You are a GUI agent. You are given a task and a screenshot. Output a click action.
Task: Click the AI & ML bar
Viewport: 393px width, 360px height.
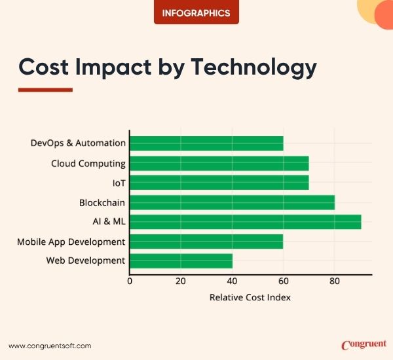(x=245, y=222)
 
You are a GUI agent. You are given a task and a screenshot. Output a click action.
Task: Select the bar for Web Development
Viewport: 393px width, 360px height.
(x=181, y=261)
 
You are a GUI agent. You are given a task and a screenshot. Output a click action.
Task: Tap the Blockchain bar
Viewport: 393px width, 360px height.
(x=232, y=202)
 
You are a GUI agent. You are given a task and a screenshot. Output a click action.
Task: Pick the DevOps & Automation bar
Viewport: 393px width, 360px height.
(x=206, y=143)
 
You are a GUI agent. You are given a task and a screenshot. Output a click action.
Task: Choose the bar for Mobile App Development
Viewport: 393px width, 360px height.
(x=206, y=242)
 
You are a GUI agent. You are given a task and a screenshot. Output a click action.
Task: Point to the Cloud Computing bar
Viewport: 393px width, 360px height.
(x=219, y=163)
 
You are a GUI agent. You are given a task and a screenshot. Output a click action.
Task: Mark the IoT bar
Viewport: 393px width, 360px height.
(x=219, y=183)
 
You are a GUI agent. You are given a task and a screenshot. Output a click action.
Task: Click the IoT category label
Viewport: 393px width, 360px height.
(x=119, y=183)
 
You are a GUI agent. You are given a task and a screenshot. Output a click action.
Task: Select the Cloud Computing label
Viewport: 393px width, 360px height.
(x=88, y=164)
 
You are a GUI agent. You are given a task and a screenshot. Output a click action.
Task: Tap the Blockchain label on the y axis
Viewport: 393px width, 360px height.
(x=102, y=203)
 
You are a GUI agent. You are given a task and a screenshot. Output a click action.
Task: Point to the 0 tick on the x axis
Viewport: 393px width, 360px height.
(x=130, y=282)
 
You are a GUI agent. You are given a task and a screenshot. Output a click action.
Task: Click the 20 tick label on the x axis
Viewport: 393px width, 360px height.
(x=181, y=282)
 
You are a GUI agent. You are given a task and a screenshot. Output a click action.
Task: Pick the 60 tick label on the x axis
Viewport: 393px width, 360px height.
(x=283, y=282)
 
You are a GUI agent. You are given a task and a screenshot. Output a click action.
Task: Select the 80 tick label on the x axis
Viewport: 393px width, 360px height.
(x=334, y=282)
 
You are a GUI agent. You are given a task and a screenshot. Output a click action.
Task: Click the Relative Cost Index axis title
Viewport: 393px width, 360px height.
(x=250, y=298)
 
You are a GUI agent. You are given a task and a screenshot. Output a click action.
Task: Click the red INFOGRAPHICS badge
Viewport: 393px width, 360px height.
(x=196, y=12)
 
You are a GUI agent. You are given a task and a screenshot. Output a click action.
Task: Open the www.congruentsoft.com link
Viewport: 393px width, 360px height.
(x=50, y=346)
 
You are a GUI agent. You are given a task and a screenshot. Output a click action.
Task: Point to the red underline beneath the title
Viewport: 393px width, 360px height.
(x=45, y=90)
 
